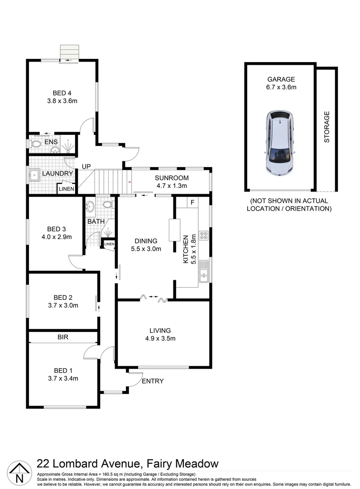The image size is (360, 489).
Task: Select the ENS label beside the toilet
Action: pyautogui.click(x=50, y=142)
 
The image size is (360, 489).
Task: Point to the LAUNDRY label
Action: pyautogui.click(x=58, y=173)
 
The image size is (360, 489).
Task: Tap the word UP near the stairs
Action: pyautogui.click(x=86, y=167)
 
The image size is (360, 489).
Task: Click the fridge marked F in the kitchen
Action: pyautogui.click(x=192, y=202)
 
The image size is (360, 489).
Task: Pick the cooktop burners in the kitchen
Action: pyautogui.click(x=203, y=235)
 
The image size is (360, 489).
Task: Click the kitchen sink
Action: pyautogui.click(x=204, y=272)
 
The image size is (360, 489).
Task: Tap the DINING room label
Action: pyautogui.click(x=145, y=241)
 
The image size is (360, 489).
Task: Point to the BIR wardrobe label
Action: pyautogui.click(x=63, y=337)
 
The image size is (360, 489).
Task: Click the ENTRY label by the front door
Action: pyautogui.click(x=153, y=381)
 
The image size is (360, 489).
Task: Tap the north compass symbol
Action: pyautogui.click(x=19, y=472)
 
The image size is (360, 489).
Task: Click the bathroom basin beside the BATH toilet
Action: pyautogui.click(x=91, y=206)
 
